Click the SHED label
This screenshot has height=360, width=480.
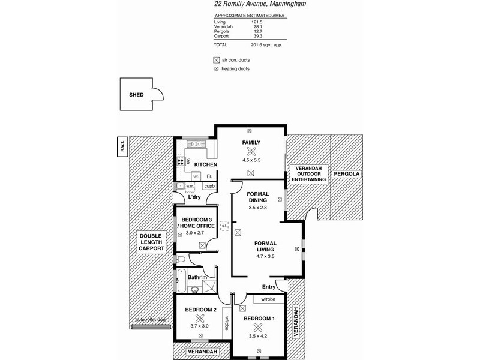(137, 95)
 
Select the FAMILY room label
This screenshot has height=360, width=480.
(251, 143)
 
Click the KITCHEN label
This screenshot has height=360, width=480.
(205, 164)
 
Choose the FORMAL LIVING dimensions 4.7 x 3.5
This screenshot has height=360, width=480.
(265, 256)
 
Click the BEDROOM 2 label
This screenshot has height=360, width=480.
(200, 310)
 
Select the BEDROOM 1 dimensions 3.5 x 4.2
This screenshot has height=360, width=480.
(258, 337)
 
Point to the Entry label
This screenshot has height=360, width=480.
(269, 287)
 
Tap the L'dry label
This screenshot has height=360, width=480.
(194, 197)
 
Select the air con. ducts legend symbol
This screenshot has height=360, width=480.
(217, 60)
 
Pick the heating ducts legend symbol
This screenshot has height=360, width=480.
(217, 69)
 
